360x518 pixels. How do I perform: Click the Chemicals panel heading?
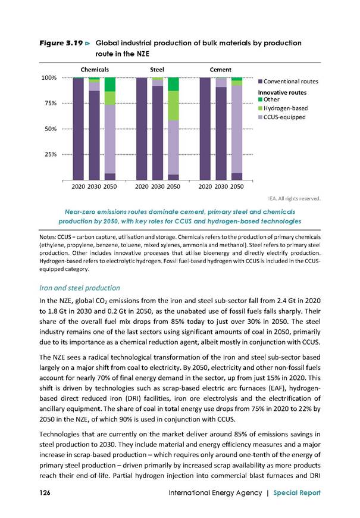tap(95, 70)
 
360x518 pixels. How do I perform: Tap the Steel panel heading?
tap(157, 70)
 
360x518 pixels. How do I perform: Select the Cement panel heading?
tap(221, 70)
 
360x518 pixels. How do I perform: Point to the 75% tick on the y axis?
tap(51, 103)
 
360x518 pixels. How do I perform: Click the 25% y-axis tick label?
tap(51, 154)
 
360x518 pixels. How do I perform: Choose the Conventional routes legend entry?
tap(289, 81)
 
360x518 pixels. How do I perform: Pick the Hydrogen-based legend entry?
tap(283, 108)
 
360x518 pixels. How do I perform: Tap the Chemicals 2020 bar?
tap(79, 129)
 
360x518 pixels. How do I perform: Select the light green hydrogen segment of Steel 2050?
tap(173, 106)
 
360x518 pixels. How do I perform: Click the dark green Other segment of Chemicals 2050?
tap(110, 85)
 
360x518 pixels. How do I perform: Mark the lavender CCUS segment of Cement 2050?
tap(237, 129)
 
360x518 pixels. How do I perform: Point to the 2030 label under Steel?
tap(158, 186)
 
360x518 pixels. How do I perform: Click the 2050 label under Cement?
tap(237, 186)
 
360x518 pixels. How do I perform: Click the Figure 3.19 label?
tap(61, 43)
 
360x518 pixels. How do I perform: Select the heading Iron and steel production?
tap(80, 288)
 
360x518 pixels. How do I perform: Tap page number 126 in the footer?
tap(45, 492)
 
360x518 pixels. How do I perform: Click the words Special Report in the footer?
tap(297, 492)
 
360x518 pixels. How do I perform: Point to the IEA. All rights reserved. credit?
tap(294, 198)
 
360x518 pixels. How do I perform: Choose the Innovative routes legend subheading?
tap(282, 93)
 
